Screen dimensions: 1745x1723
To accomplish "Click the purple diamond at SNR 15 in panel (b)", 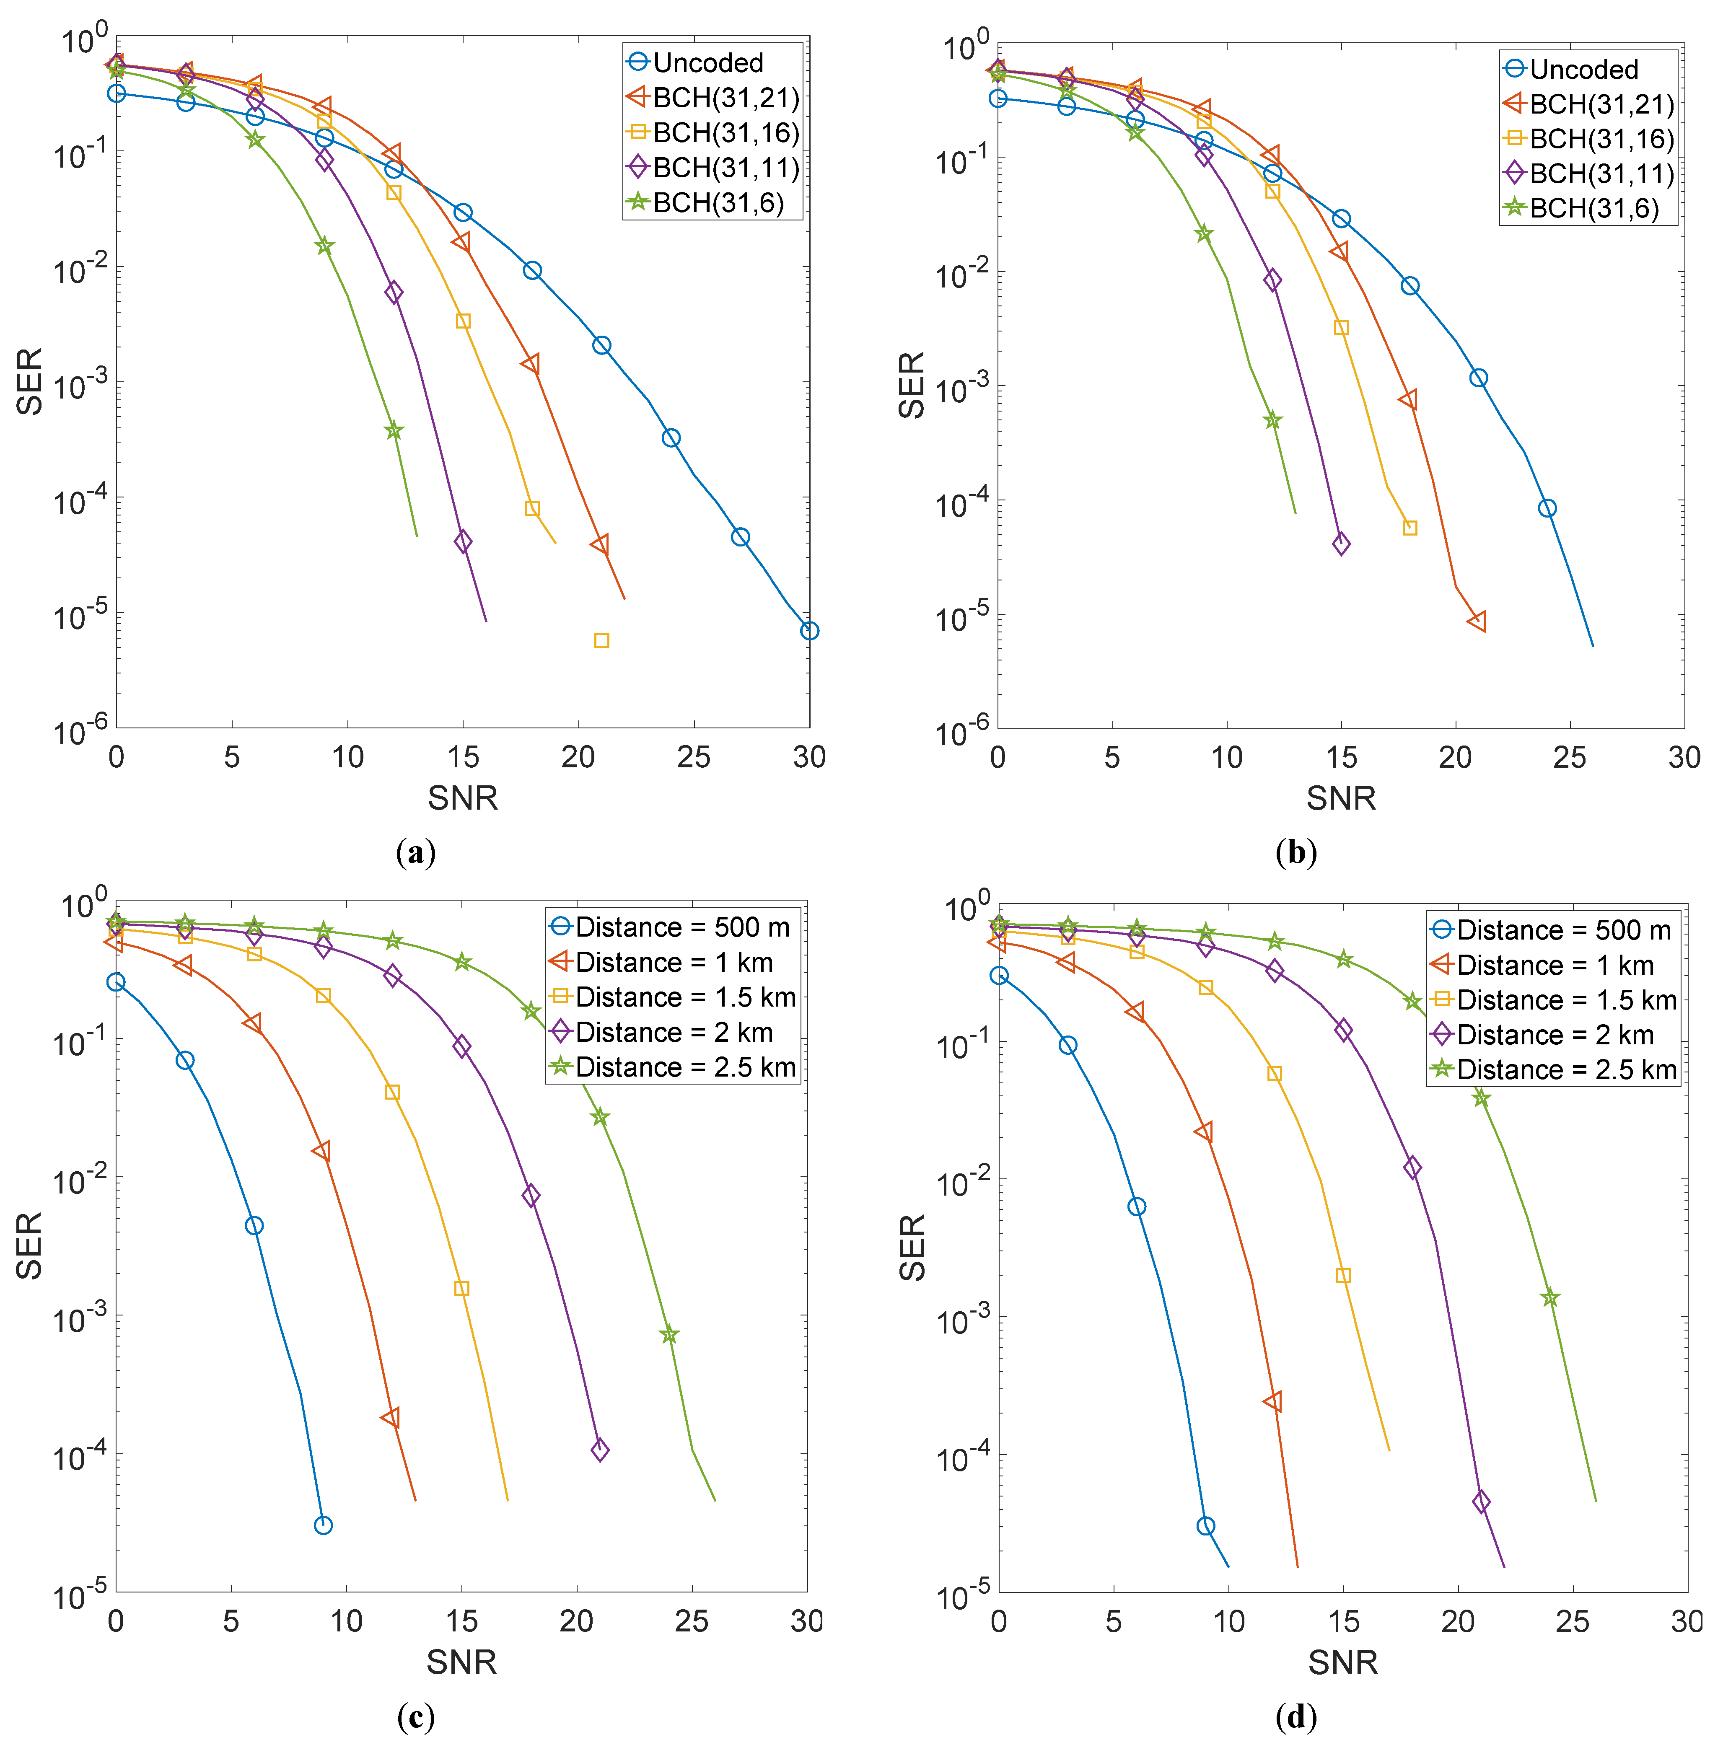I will tap(1341, 544).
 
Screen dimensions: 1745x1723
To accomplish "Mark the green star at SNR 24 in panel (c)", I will tap(668, 1335).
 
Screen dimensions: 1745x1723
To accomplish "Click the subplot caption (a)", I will tap(416, 852).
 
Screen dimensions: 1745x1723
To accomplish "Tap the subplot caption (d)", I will tap(1295, 1716).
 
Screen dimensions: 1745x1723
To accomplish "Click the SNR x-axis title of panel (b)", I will tap(1341, 798).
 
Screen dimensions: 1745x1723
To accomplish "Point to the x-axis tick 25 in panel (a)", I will tap(693, 757).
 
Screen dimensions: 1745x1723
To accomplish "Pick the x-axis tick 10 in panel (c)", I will tap(346, 1621).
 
